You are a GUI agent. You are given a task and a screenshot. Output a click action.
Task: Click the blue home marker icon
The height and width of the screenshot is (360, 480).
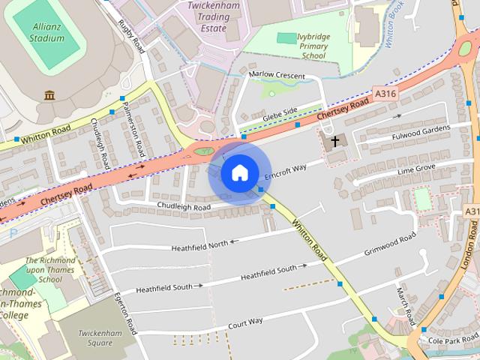(239, 173)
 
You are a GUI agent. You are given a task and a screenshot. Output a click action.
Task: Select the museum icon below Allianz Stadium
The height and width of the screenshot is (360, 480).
(50, 95)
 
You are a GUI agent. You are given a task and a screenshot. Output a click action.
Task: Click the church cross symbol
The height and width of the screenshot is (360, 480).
(334, 140)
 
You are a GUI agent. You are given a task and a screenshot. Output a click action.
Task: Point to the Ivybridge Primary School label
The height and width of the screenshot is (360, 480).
(304, 45)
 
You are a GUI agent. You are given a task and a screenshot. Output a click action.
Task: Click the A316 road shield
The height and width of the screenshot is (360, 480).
(384, 92)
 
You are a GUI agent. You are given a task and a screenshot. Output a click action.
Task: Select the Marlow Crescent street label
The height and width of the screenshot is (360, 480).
(277, 76)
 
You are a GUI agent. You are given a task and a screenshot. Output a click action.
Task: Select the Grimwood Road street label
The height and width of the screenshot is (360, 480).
(390, 246)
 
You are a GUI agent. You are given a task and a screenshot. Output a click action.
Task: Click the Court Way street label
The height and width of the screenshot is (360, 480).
(245, 322)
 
